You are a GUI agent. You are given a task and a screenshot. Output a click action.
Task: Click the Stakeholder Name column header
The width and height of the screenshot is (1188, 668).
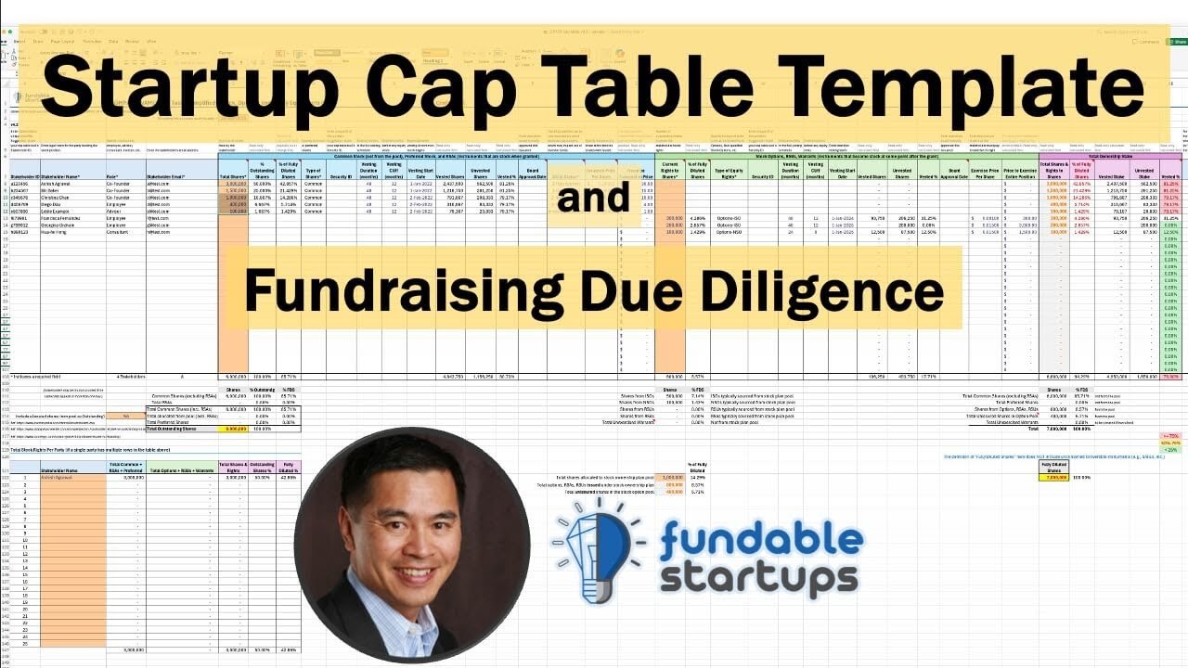(x=61, y=175)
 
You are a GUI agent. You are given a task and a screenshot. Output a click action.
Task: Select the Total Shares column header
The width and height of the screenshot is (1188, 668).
(x=233, y=175)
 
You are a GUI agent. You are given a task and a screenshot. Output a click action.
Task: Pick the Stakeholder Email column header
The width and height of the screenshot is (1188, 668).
(x=166, y=175)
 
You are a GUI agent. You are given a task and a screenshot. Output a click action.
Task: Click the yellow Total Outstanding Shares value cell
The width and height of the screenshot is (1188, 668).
(x=232, y=430)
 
